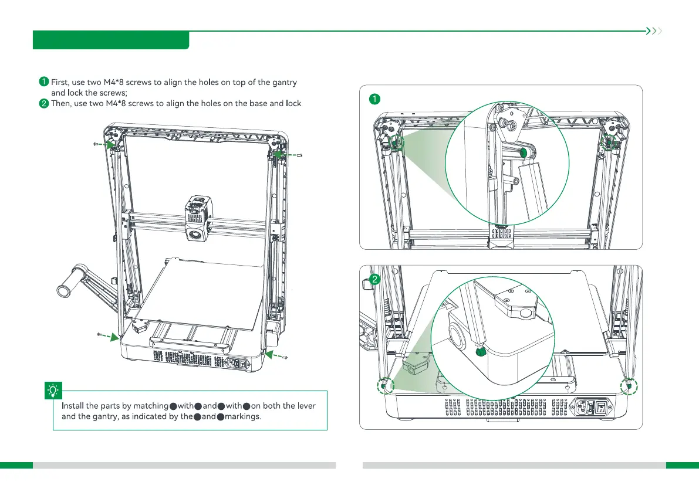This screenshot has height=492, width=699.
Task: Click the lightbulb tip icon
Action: (x=53, y=389)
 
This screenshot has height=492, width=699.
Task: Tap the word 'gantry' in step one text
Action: (x=283, y=82)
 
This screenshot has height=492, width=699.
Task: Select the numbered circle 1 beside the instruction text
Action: (x=43, y=82)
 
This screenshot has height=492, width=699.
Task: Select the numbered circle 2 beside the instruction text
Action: (x=43, y=103)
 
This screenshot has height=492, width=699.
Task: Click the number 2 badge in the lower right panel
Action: (x=374, y=280)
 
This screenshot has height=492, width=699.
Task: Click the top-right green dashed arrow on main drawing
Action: (x=283, y=154)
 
